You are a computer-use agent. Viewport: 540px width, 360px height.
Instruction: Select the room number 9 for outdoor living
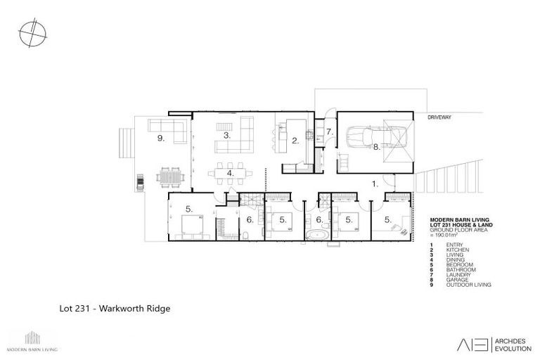coord(161,139)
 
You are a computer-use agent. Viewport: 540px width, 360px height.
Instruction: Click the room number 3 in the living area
coord(227,134)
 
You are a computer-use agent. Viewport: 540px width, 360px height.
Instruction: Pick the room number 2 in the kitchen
coord(296,141)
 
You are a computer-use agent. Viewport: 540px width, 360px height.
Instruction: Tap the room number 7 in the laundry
coord(328,131)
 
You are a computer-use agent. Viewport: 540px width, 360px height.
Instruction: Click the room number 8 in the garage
coord(377,148)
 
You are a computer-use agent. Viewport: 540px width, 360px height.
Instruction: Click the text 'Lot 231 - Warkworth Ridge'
coord(115,308)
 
